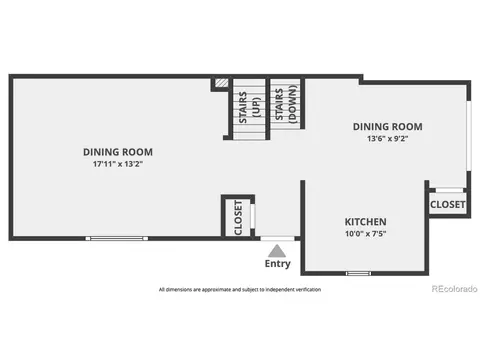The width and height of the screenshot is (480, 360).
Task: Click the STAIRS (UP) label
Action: [249, 107]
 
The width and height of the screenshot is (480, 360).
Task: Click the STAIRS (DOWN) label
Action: [285, 104]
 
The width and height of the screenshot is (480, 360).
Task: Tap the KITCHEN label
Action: [365, 222]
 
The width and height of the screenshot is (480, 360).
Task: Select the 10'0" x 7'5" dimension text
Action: [365, 233]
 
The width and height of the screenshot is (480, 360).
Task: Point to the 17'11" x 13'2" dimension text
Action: [118, 164]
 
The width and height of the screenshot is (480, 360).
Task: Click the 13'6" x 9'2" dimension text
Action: [387, 138]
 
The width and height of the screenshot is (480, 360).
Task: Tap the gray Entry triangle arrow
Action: [277, 251]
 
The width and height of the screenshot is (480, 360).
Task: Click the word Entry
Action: [277, 264]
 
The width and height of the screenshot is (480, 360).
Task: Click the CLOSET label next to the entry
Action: [238, 218]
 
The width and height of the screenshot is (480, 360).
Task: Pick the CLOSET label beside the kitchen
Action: [447, 204]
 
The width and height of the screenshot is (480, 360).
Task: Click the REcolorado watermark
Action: [454, 289]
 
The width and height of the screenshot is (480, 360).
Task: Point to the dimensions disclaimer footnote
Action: [240, 290]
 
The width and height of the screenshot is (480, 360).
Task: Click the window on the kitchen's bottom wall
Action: [358, 273]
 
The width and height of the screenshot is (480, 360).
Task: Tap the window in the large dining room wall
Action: [117, 238]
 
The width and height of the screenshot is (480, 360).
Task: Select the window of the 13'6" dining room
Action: [469, 136]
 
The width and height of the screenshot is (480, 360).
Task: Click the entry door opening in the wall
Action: [277, 238]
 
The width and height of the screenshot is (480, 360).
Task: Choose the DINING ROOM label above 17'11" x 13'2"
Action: [118, 152]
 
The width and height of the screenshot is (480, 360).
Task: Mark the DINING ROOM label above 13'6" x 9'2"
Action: [387, 127]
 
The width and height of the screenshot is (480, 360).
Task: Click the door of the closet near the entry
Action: [253, 216]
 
